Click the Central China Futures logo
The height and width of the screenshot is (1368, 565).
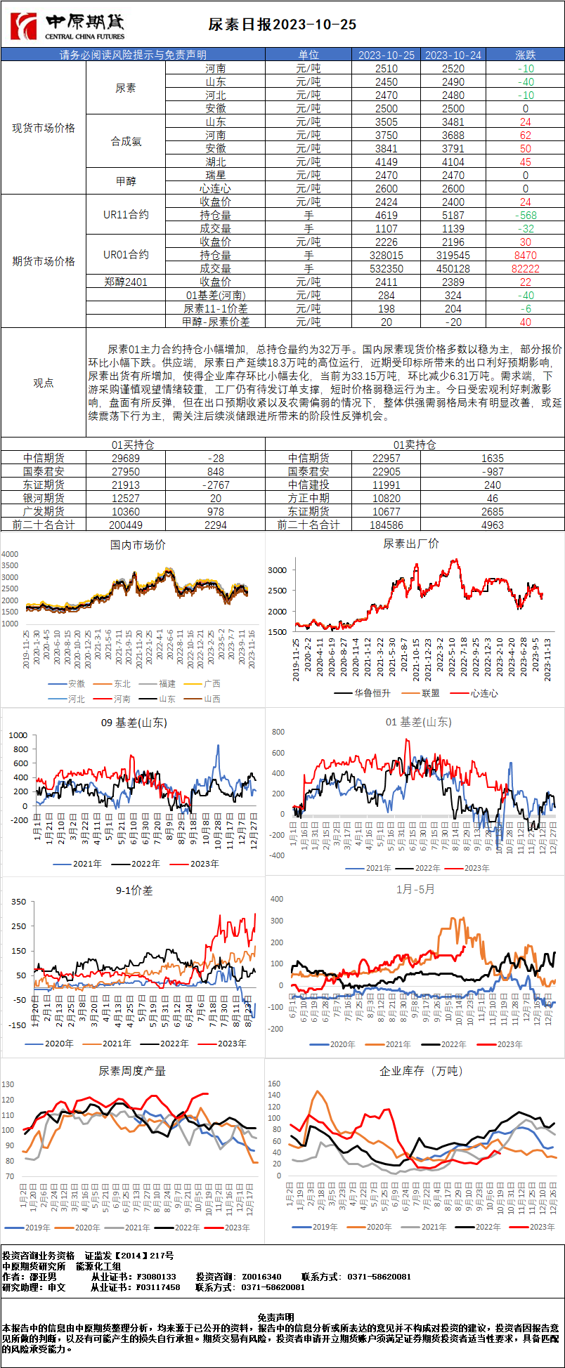[67, 27]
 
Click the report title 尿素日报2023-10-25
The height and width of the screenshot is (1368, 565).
[282, 25]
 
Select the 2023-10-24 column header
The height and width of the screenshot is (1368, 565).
[453, 55]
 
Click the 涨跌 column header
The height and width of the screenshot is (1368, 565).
[526, 55]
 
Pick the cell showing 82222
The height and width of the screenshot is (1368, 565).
[526, 268]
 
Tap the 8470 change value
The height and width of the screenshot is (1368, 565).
[526, 255]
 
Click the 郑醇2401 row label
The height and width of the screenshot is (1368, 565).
[126, 282]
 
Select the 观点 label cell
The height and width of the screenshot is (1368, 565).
[44, 383]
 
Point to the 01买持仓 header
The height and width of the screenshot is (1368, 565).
[133, 445]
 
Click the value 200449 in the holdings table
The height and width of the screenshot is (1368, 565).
[126, 525]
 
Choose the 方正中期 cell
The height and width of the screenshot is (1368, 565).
[309, 498]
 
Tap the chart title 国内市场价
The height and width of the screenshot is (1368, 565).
[138, 545]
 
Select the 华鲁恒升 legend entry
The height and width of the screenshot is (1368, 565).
[367, 693]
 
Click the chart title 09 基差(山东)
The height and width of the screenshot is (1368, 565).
[134, 723]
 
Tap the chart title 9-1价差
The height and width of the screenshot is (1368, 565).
[134, 890]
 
